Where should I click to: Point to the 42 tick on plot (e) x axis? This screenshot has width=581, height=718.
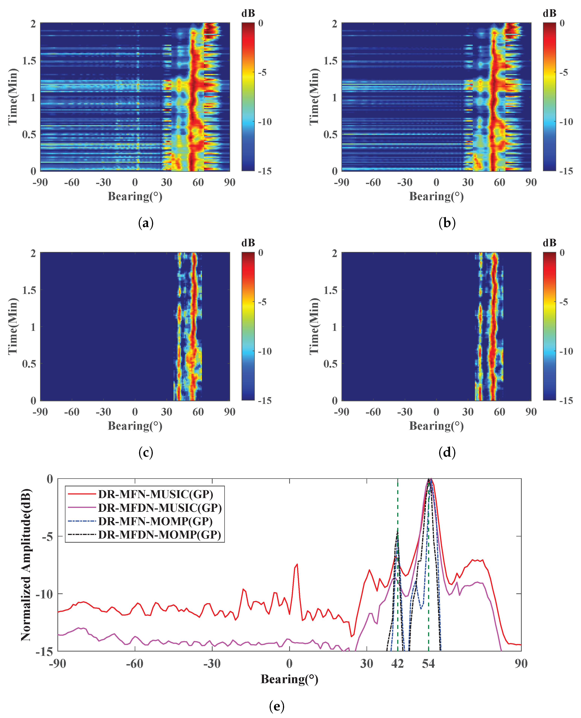click(x=397, y=663)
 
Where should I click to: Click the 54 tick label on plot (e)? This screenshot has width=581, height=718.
click(x=428, y=663)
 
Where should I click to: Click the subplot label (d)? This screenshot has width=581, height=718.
click(x=447, y=452)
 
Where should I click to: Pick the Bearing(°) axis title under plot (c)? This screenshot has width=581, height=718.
click(x=135, y=426)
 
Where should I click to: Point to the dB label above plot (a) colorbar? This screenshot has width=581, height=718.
click(x=248, y=13)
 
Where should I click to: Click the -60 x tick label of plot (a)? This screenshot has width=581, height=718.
click(x=72, y=182)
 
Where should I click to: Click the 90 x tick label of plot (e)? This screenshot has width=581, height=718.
click(x=521, y=663)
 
